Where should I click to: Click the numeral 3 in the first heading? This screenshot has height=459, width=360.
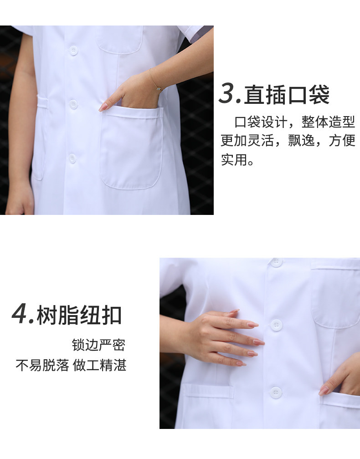point(227,93)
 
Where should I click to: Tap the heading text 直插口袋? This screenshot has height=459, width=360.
point(287,94)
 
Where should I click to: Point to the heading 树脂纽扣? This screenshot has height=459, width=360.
point(79,315)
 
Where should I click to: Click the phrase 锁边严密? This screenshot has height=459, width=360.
point(99,345)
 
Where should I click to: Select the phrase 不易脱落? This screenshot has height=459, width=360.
point(42,365)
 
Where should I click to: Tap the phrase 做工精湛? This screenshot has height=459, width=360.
point(99,365)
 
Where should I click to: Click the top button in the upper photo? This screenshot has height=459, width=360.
point(73,51)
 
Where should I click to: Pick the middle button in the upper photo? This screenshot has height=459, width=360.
point(73,104)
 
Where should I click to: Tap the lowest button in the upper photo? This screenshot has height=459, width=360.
point(72,158)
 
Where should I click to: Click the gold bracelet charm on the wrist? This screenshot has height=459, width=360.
point(158,88)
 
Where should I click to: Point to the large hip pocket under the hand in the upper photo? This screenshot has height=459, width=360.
point(131,148)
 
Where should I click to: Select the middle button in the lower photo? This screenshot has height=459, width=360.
point(276,325)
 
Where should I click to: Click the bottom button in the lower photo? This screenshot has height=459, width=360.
point(276,392)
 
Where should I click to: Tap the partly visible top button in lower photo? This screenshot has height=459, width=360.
point(276,262)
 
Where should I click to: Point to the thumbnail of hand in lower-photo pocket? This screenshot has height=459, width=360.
point(324,391)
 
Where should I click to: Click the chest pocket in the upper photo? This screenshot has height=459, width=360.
point(119,40)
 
